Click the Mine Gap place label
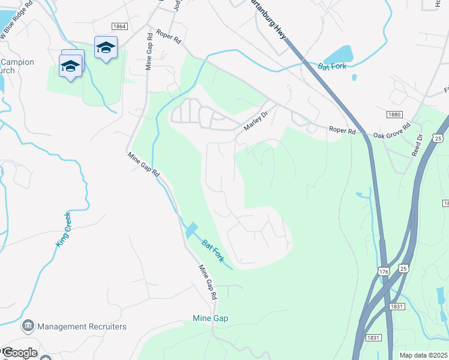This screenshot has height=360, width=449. pos(210,318)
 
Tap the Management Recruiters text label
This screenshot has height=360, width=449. pos(82,326)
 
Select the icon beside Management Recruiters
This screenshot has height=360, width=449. pos(28,326)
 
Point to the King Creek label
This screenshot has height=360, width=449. pos(63,229)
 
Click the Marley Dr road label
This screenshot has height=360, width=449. pos(255,125)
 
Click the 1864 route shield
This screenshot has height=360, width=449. pos(119,26)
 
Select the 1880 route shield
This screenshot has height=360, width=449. pos(394,113)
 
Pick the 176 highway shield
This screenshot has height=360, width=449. pos(384,272)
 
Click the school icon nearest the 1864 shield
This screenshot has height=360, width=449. pos(106,47)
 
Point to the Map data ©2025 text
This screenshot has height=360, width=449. pos(424,355)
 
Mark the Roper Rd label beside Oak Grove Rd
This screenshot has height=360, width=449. pos(342,130)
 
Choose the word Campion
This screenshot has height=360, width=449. pos(17,62)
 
